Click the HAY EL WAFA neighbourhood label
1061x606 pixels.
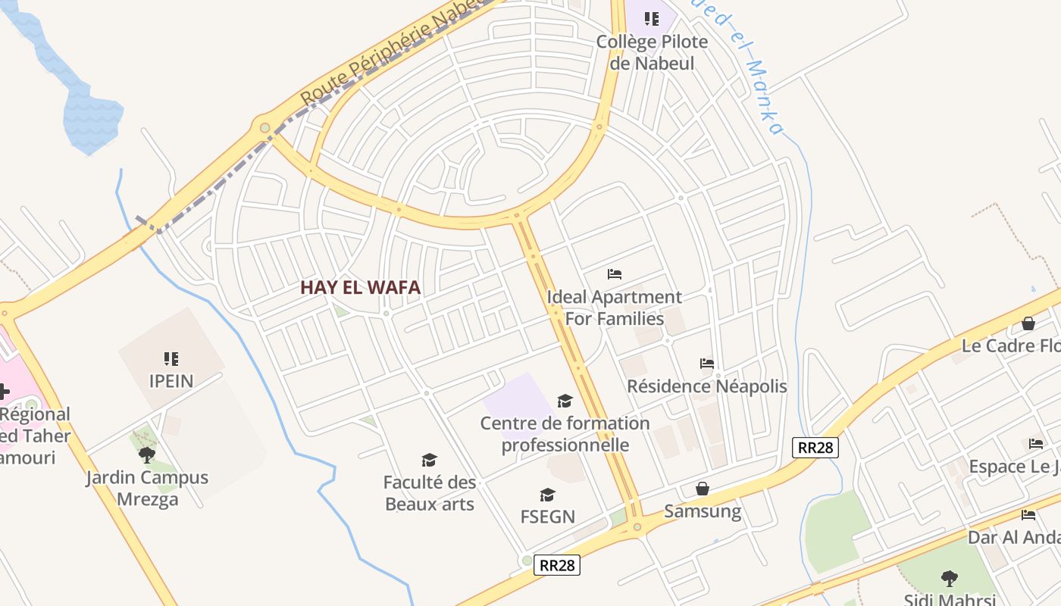click(x=360, y=287)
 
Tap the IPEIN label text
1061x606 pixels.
click(x=171, y=380)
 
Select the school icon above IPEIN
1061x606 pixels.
click(x=171, y=358)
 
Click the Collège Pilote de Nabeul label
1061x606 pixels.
click(x=652, y=52)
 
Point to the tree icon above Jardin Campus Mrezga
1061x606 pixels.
click(x=146, y=454)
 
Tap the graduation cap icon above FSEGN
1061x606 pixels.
click(x=547, y=495)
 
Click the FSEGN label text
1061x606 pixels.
click(x=547, y=517)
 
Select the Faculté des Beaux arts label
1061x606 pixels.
click(x=430, y=493)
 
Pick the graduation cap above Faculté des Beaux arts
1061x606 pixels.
click(x=430, y=460)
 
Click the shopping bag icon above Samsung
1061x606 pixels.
click(x=703, y=489)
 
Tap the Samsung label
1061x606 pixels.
click(x=703, y=511)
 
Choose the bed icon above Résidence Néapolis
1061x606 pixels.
click(x=707, y=364)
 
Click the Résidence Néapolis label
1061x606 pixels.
click(x=707, y=386)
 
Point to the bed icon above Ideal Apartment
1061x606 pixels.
click(x=615, y=273)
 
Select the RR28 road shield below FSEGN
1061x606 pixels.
click(x=556, y=565)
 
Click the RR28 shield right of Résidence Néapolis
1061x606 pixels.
click(x=815, y=447)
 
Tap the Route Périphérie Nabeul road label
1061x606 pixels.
click(x=393, y=53)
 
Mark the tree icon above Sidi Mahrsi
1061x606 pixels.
click(x=949, y=579)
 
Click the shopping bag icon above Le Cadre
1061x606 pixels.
click(x=1028, y=323)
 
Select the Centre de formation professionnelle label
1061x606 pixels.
click(x=565, y=433)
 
